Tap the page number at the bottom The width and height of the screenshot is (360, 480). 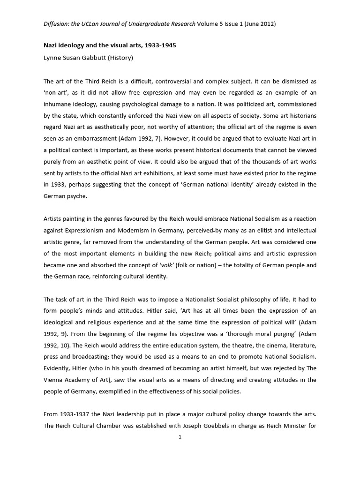[180, 437]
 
